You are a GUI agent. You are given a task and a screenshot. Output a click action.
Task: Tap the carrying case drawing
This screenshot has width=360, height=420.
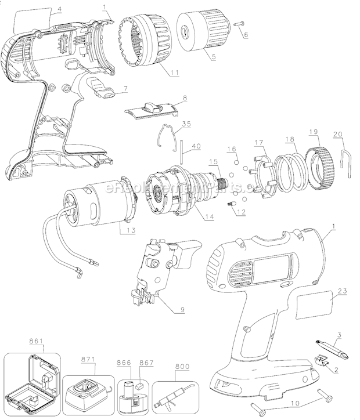point(33,379)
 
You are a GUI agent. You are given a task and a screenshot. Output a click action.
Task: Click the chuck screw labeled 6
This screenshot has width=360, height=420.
point(240,24)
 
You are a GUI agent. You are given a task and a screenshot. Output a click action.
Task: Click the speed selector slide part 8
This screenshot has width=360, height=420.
point(152,110)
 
